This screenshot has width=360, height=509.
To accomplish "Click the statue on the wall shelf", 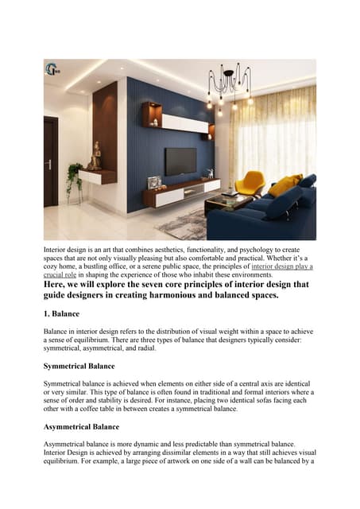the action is click(x=95, y=156).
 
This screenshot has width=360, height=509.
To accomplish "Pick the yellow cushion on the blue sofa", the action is click(x=283, y=186).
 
